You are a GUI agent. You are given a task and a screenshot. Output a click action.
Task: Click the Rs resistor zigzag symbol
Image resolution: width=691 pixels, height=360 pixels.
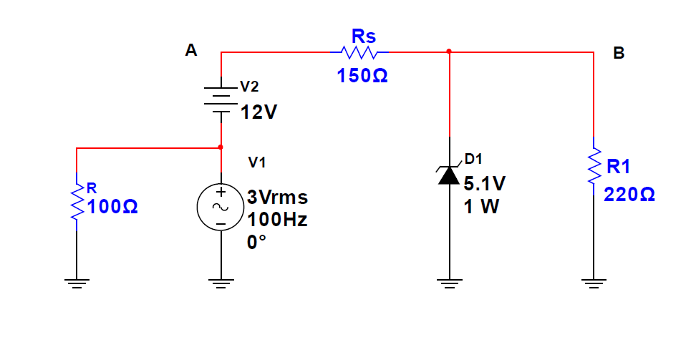(x=360, y=53)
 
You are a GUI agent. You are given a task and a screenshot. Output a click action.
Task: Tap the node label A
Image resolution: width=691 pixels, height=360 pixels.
(x=190, y=50)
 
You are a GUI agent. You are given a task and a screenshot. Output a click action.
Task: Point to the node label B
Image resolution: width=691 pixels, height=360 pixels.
(x=619, y=54)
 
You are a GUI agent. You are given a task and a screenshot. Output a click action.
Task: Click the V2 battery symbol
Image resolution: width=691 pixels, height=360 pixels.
(x=221, y=99)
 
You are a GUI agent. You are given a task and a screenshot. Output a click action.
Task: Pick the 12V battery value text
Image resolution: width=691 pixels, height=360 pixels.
(x=258, y=112)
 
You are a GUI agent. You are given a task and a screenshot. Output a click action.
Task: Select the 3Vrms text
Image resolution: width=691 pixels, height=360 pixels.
(x=277, y=197)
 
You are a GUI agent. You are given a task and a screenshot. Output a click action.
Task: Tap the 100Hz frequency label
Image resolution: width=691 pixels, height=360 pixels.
(x=277, y=220)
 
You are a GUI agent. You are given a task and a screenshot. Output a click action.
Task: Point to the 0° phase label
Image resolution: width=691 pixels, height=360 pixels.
(x=256, y=242)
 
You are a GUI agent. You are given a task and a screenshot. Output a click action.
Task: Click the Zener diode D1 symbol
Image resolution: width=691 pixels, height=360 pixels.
(x=449, y=174)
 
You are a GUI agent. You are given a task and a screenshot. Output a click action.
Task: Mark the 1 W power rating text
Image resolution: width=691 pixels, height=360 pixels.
(x=480, y=207)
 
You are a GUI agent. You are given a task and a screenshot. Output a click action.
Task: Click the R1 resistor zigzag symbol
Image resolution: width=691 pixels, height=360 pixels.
(x=594, y=166)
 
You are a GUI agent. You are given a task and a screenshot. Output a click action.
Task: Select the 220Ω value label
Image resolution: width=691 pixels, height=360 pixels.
(x=629, y=195)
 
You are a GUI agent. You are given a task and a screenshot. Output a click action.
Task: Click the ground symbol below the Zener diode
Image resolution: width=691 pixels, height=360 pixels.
(x=449, y=283)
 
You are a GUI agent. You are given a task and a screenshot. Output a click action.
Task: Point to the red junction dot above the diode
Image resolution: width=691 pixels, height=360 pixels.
(x=449, y=52)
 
